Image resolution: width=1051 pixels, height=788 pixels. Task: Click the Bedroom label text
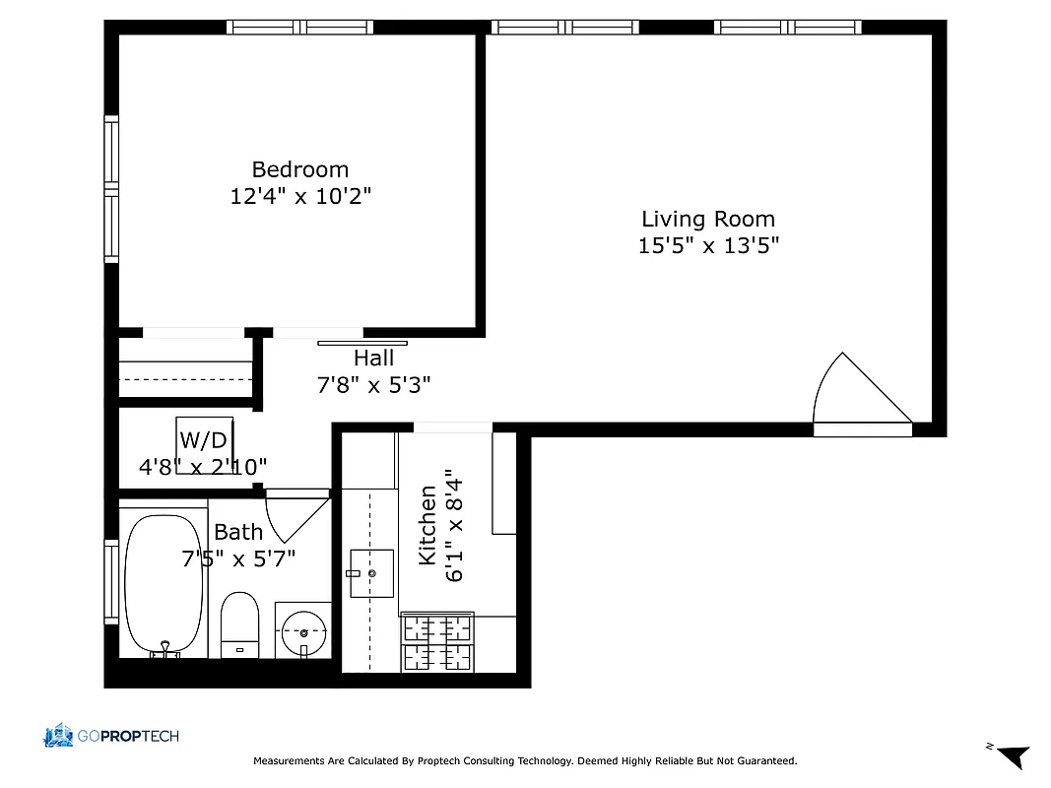coord(299,169)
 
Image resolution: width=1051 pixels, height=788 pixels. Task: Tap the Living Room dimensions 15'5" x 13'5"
coord(708,245)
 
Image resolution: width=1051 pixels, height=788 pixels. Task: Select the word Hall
coord(373,359)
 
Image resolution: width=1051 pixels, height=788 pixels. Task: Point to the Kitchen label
coord(427,525)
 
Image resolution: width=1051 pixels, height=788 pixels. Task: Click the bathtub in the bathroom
coord(164,584)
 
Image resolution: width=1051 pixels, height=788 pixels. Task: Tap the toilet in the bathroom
coord(239,624)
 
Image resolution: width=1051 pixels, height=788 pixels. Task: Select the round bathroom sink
coord(303,631)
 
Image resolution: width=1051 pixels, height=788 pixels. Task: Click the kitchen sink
coord(370,573)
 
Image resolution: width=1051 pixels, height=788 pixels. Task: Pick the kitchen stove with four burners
coord(437,642)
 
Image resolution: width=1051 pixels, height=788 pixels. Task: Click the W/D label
coord(203,440)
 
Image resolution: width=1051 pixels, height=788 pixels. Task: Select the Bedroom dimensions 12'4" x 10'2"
coord(299,196)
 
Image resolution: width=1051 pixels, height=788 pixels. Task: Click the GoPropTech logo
coord(110,736)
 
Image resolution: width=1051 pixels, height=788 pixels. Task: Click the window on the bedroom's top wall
coord(299,27)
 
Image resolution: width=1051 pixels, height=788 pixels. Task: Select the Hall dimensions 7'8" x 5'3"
coord(373,385)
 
